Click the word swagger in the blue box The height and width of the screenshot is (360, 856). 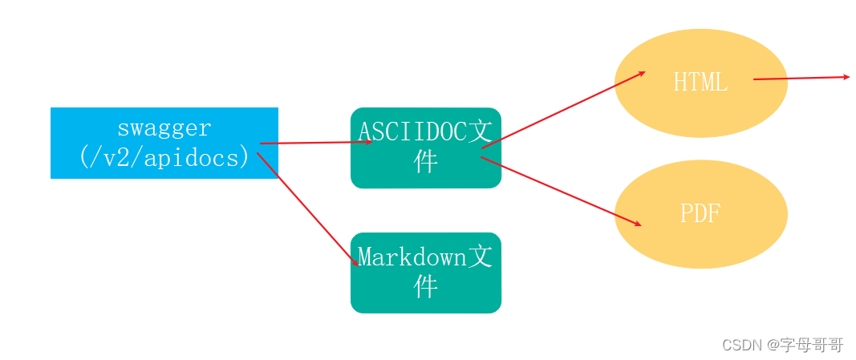164,128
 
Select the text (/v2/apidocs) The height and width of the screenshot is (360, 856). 164,156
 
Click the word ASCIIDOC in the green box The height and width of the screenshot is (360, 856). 412,131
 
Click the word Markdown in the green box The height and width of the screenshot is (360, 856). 412,257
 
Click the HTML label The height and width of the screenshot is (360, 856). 700,83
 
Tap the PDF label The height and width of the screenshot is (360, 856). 700,213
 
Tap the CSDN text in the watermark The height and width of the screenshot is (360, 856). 741,346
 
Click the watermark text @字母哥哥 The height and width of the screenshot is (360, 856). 805,346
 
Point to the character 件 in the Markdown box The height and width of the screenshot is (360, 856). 425,285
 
